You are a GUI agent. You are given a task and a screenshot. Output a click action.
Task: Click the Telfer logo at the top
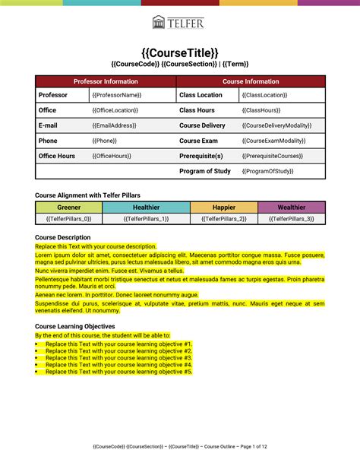click(x=178, y=22)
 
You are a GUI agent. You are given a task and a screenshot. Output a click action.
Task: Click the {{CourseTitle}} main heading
click(x=180, y=52)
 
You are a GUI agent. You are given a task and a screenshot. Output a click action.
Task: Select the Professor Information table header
click(x=106, y=81)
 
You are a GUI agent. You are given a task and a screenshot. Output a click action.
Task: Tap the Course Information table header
click(x=251, y=81)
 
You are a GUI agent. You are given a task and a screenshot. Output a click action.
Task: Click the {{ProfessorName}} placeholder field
click(x=117, y=96)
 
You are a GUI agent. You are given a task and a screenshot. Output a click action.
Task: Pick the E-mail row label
click(x=48, y=125)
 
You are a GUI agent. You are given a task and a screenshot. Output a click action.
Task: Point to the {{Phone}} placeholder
click(x=105, y=141)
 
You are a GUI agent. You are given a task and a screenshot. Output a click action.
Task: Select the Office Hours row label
click(x=57, y=156)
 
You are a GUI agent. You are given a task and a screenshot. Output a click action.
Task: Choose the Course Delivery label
click(x=202, y=125)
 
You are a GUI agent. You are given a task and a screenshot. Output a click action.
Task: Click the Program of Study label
click(x=205, y=171)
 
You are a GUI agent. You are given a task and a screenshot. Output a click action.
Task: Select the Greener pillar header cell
click(x=68, y=207)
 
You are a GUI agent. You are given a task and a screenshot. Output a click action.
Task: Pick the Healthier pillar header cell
click(x=146, y=207)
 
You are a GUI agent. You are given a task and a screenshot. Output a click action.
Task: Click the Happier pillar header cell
click(x=223, y=207)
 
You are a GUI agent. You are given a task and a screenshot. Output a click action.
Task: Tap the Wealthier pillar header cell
click(x=292, y=207)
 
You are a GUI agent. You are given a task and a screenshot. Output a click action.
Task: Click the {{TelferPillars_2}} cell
click(x=223, y=219)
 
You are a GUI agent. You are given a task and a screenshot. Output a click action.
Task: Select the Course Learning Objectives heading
click(x=75, y=326)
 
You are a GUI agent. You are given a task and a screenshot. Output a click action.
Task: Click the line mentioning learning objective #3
click(x=118, y=358)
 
